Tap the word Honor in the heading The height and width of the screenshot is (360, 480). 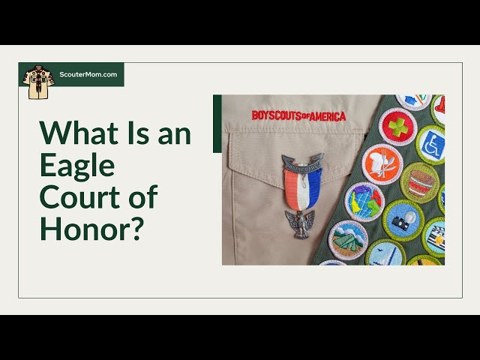point(82,228)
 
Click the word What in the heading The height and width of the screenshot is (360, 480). point(79,133)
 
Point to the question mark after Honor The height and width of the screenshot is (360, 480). point(135,228)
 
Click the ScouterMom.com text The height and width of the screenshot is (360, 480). point(88,74)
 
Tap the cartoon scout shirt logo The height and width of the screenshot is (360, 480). point(38,82)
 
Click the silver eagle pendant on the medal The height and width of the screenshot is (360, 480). point(300,223)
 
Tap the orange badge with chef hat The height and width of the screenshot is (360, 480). point(382,164)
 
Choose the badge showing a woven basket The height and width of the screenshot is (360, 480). point(420,183)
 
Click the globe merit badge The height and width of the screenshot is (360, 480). point(364,202)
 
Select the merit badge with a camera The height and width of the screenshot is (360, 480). point(403,220)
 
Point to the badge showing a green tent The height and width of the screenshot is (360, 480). point(348,240)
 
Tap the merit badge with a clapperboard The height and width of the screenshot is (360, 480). point(434,237)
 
